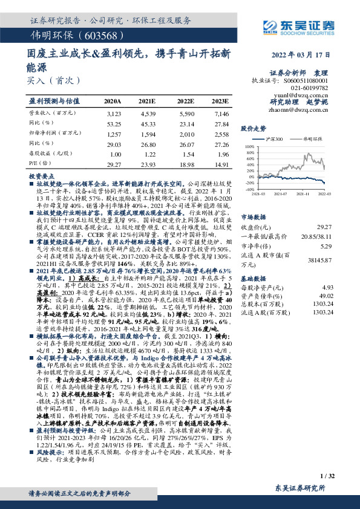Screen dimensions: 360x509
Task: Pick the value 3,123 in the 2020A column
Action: click(x=113, y=114)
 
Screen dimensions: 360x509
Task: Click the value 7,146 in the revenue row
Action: click(x=221, y=114)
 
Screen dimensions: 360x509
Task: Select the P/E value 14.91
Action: click(x=221, y=163)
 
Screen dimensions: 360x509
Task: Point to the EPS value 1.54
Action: click(x=186, y=154)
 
